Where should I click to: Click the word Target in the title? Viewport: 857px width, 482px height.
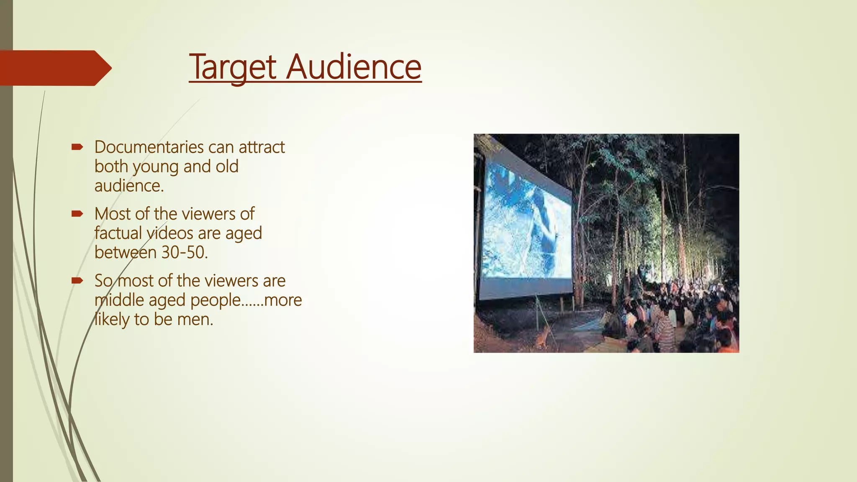pyautogui.click(x=233, y=67)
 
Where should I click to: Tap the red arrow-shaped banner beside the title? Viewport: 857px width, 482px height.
pyautogui.click(x=54, y=68)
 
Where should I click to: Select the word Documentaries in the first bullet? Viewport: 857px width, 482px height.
pyautogui.click(x=149, y=147)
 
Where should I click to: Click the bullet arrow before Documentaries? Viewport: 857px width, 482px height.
pyautogui.click(x=77, y=147)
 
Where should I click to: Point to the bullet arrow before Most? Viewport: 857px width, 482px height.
pyautogui.click(x=77, y=214)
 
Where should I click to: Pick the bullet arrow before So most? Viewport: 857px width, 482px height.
pyautogui.click(x=77, y=280)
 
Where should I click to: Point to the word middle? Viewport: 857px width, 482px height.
pyautogui.click(x=119, y=300)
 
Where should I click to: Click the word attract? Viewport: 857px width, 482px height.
pyautogui.click(x=262, y=147)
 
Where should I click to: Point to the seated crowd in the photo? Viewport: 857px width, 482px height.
pyautogui.click(x=678, y=318)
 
